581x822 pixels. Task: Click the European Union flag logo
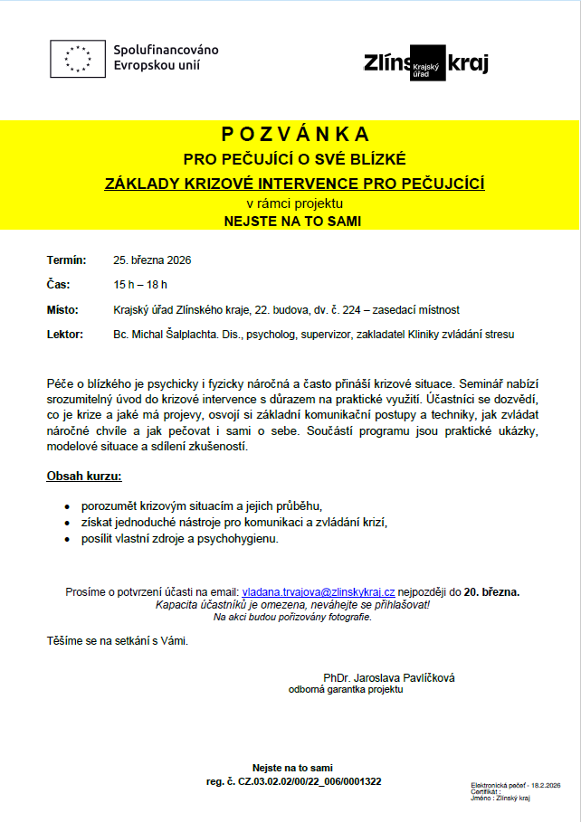tap(78, 57)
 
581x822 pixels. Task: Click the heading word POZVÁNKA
tap(295, 135)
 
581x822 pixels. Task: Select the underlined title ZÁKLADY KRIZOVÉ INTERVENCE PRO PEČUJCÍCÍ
tap(295, 184)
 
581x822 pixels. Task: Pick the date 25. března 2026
tap(152, 260)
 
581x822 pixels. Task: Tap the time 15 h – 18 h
tap(140, 285)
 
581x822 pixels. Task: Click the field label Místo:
tap(63, 309)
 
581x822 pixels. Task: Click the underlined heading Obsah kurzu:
tap(83, 476)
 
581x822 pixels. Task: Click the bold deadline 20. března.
tap(491, 592)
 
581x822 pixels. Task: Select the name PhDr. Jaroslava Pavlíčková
tap(389, 677)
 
